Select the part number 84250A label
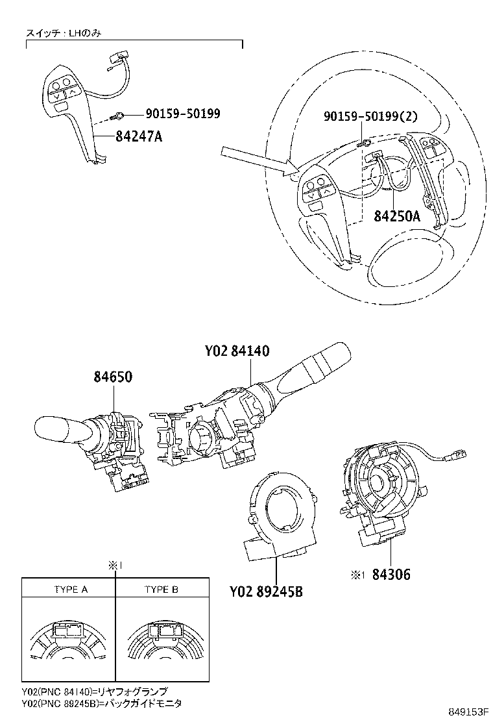click(x=396, y=216)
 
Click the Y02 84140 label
click(x=237, y=351)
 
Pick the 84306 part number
click(x=389, y=574)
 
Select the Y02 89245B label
click(x=267, y=591)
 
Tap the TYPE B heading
click(x=162, y=590)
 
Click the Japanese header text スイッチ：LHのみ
click(x=65, y=32)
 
